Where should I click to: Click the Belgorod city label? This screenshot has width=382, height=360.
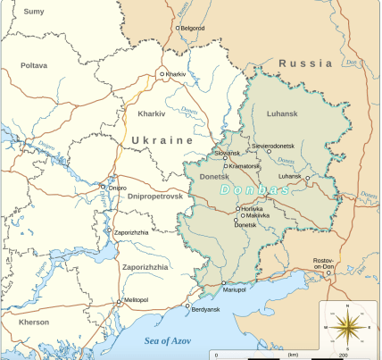pos(194,28)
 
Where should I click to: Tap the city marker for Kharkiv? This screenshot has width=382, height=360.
pos(162,74)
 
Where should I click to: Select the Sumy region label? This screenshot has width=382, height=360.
pos(33,11)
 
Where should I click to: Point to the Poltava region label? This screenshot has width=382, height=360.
pos(34,65)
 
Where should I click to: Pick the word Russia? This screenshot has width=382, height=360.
pos(305,63)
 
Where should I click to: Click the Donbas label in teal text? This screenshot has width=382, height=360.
pos(254,190)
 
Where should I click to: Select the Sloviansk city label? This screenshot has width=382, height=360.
pos(228,153)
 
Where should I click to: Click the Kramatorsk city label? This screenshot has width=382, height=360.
pos(245,166)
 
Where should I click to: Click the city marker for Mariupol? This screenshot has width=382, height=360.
pos(223,283)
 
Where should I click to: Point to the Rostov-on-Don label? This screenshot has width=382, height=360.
pos(328,265)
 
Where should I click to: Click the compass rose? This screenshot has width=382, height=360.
pos(346,328)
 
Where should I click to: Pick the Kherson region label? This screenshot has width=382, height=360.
pos(33,322)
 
